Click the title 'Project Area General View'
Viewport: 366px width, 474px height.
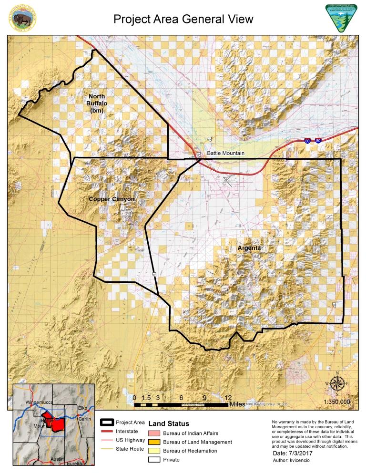(x=183, y=19)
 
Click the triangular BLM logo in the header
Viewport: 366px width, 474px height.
(x=340, y=18)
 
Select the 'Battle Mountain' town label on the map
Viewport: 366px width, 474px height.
(x=225, y=154)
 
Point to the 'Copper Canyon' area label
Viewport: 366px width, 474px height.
(x=112, y=199)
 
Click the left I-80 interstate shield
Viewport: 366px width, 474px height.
(x=307, y=141)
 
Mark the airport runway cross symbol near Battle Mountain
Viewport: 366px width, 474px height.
(x=226, y=180)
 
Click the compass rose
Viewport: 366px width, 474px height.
(x=337, y=383)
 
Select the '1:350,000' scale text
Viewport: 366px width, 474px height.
(x=337, y=402)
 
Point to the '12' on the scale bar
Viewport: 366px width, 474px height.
(x=228, y=397)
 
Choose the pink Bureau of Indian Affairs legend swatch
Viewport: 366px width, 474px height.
(x=155, y=433)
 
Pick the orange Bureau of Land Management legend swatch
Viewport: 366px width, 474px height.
(x=155, y=442)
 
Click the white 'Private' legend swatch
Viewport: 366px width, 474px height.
(x=155, y=460)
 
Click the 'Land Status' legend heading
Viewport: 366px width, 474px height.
(x=169, y=423)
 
